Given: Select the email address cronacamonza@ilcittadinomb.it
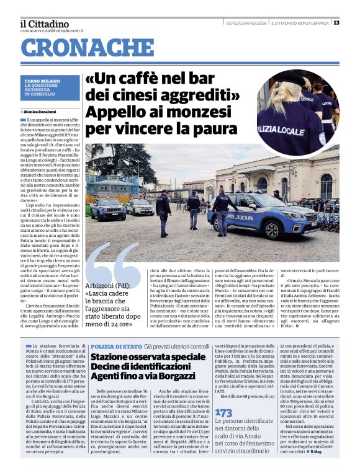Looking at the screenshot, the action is (52, 30).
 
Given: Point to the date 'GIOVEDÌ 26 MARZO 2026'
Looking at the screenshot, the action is (247, 23).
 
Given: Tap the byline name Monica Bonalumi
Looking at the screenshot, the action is (47, 111).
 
